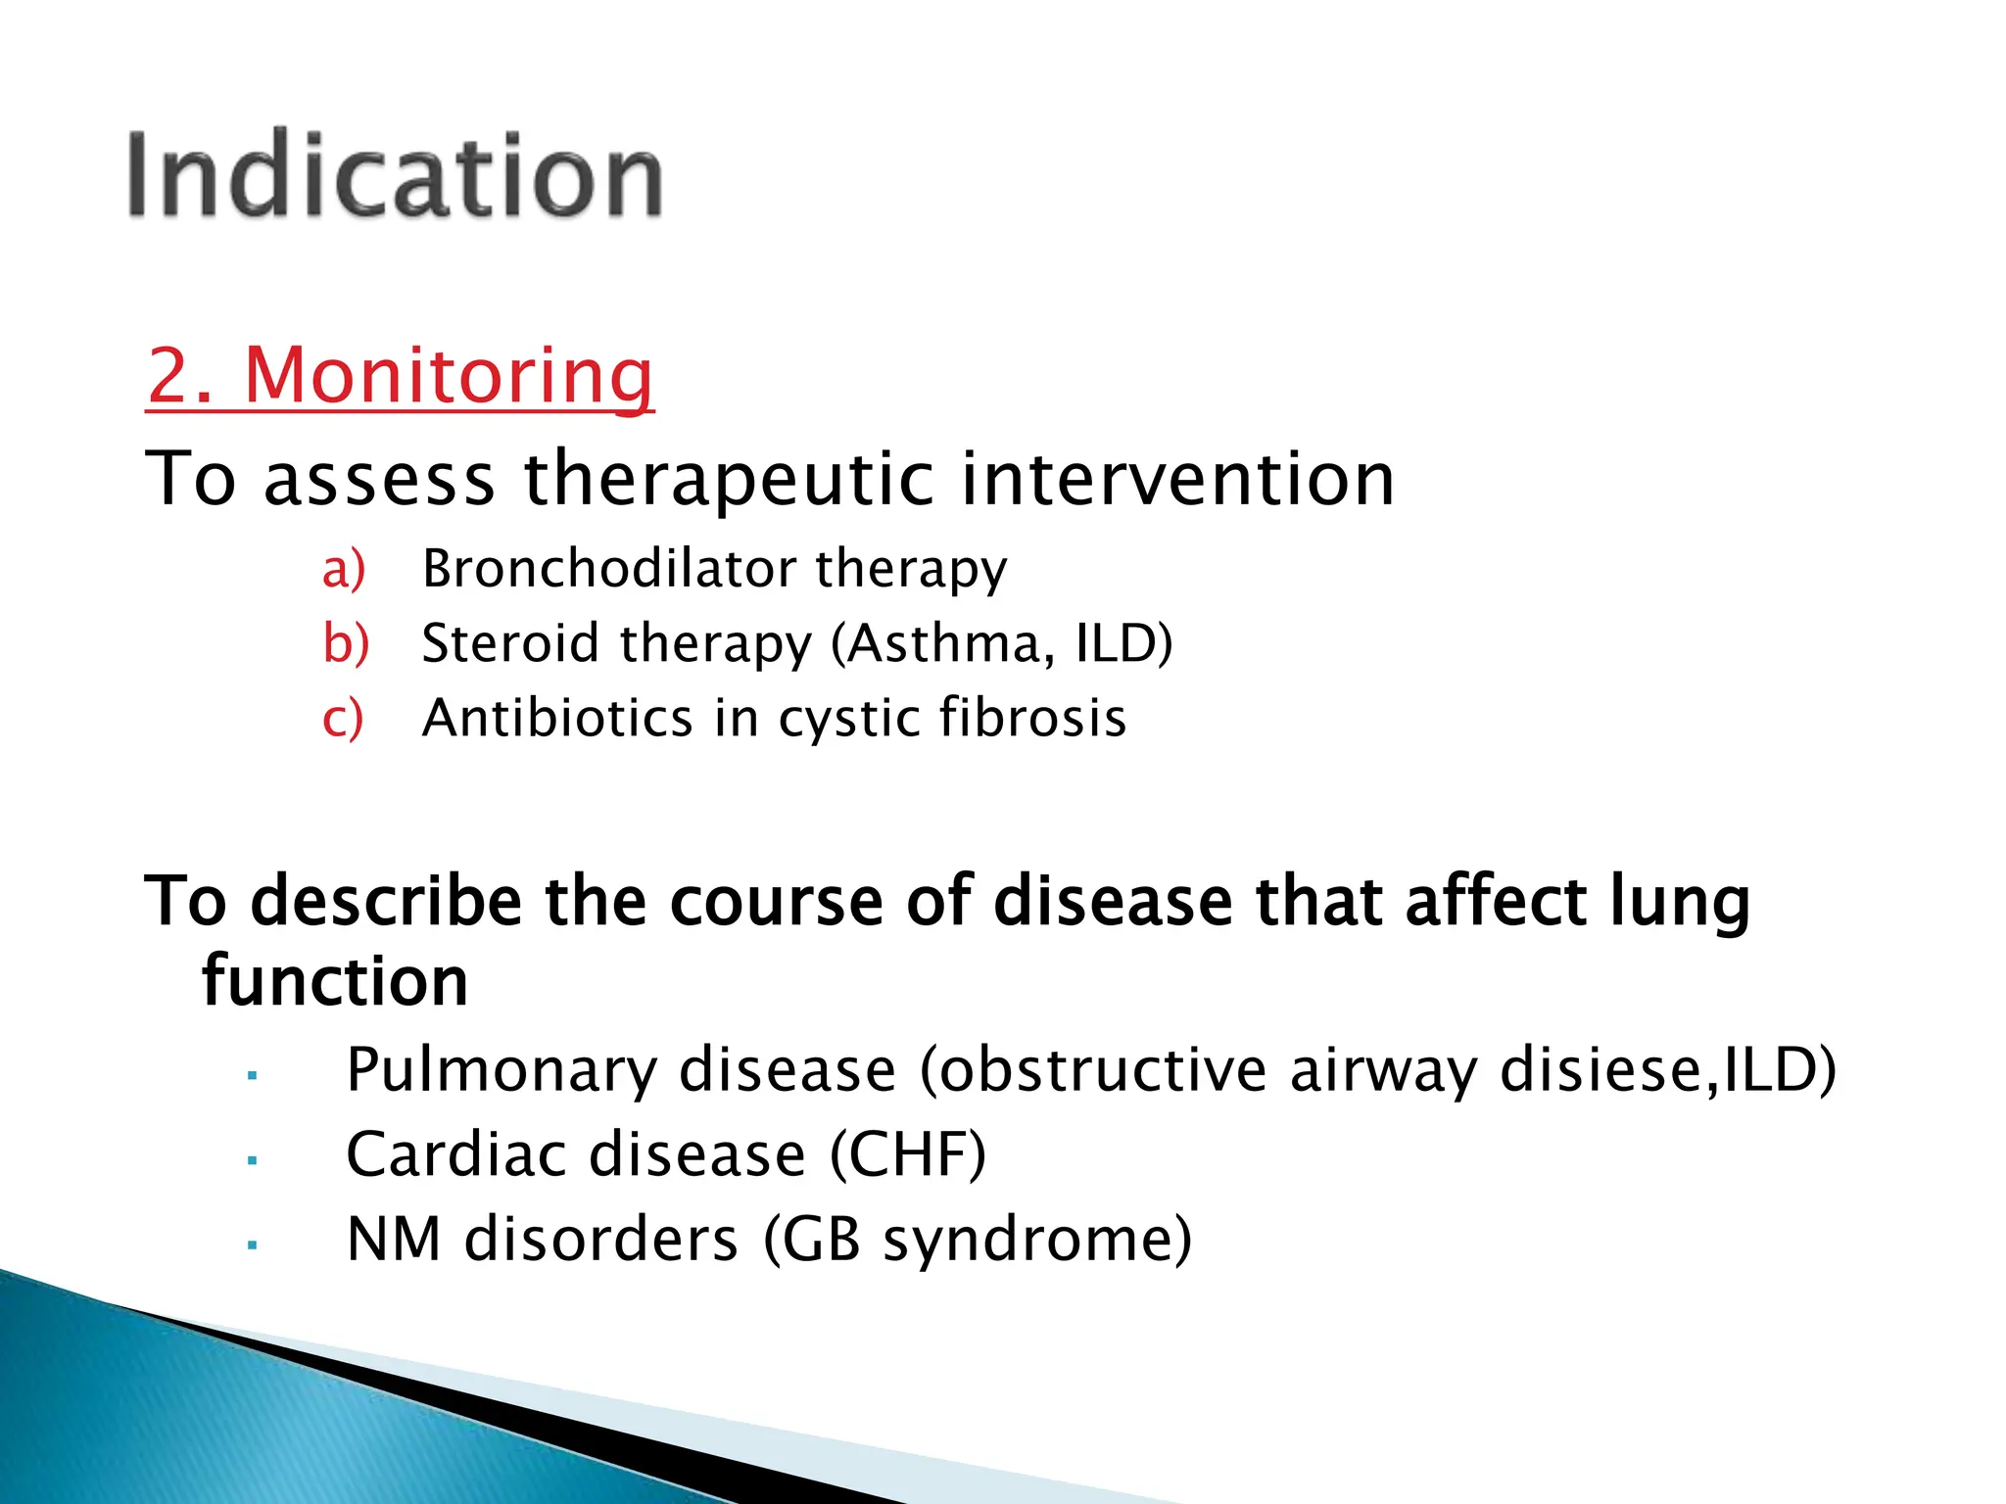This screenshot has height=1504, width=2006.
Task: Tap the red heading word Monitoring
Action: [448, 376]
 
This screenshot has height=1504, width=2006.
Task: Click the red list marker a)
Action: [344, 569]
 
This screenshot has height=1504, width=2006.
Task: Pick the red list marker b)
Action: [346, 644]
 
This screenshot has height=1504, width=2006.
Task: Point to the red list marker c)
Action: [343, 719]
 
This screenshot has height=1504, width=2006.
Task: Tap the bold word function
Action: [335, 981]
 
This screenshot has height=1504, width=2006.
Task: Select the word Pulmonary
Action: [501, 1070]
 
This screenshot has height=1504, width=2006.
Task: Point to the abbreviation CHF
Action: [907, 1154]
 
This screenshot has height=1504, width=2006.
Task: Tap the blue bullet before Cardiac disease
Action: [253, 1161]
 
